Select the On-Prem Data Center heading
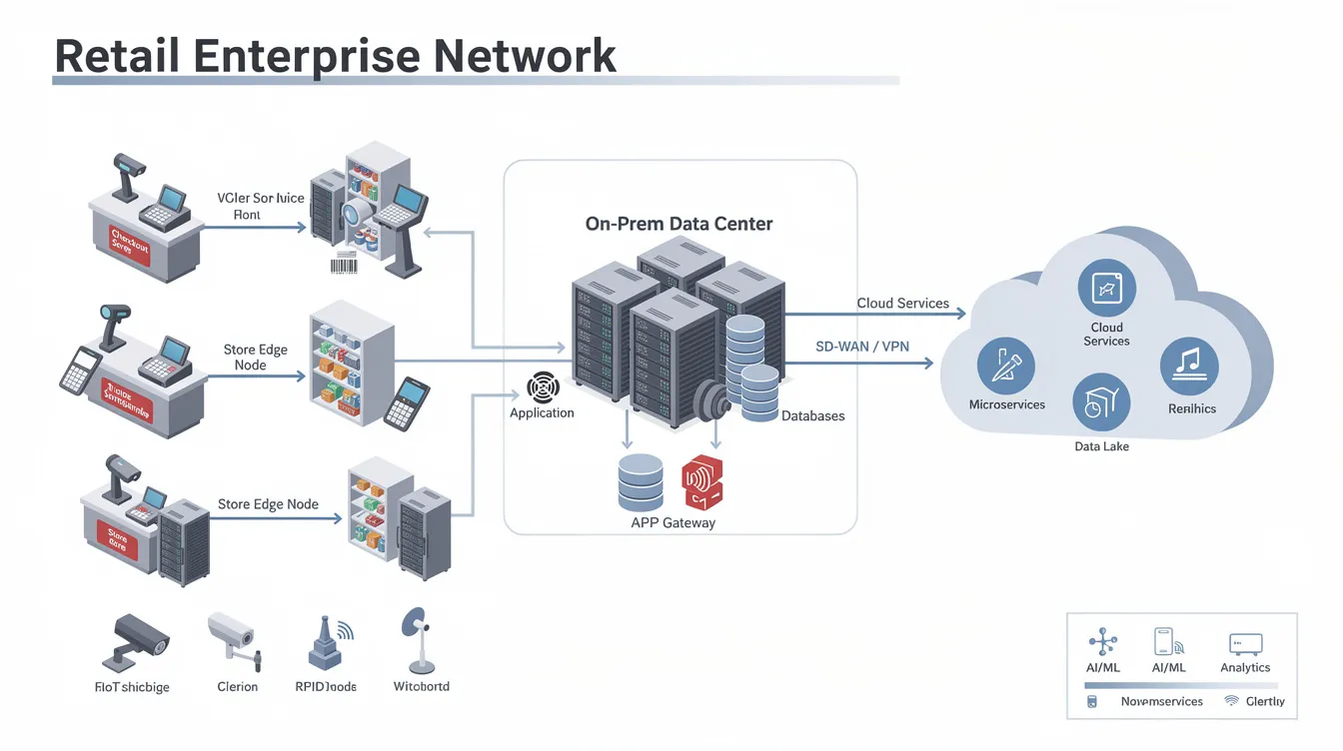(x=678, y=224)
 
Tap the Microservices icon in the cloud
(x=1005, y=367)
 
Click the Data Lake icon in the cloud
(x=1100, y=403)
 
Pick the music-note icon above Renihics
(x=1189, y=367)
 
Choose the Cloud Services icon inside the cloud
(x=1106, y=288)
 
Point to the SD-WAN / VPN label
(x=862, y=347)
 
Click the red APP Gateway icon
(x=701, y=483)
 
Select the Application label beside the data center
(x=542, y=412)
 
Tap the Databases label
(x=812, y=415)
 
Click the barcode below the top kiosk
(x=344, y=265)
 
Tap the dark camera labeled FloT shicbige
(x=134, y=641)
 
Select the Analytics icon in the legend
(x=1245, y=644)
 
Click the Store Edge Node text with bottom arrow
(x=268, y=504)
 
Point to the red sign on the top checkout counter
(x=128, y=244)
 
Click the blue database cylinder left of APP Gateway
(x=641, y=483)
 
